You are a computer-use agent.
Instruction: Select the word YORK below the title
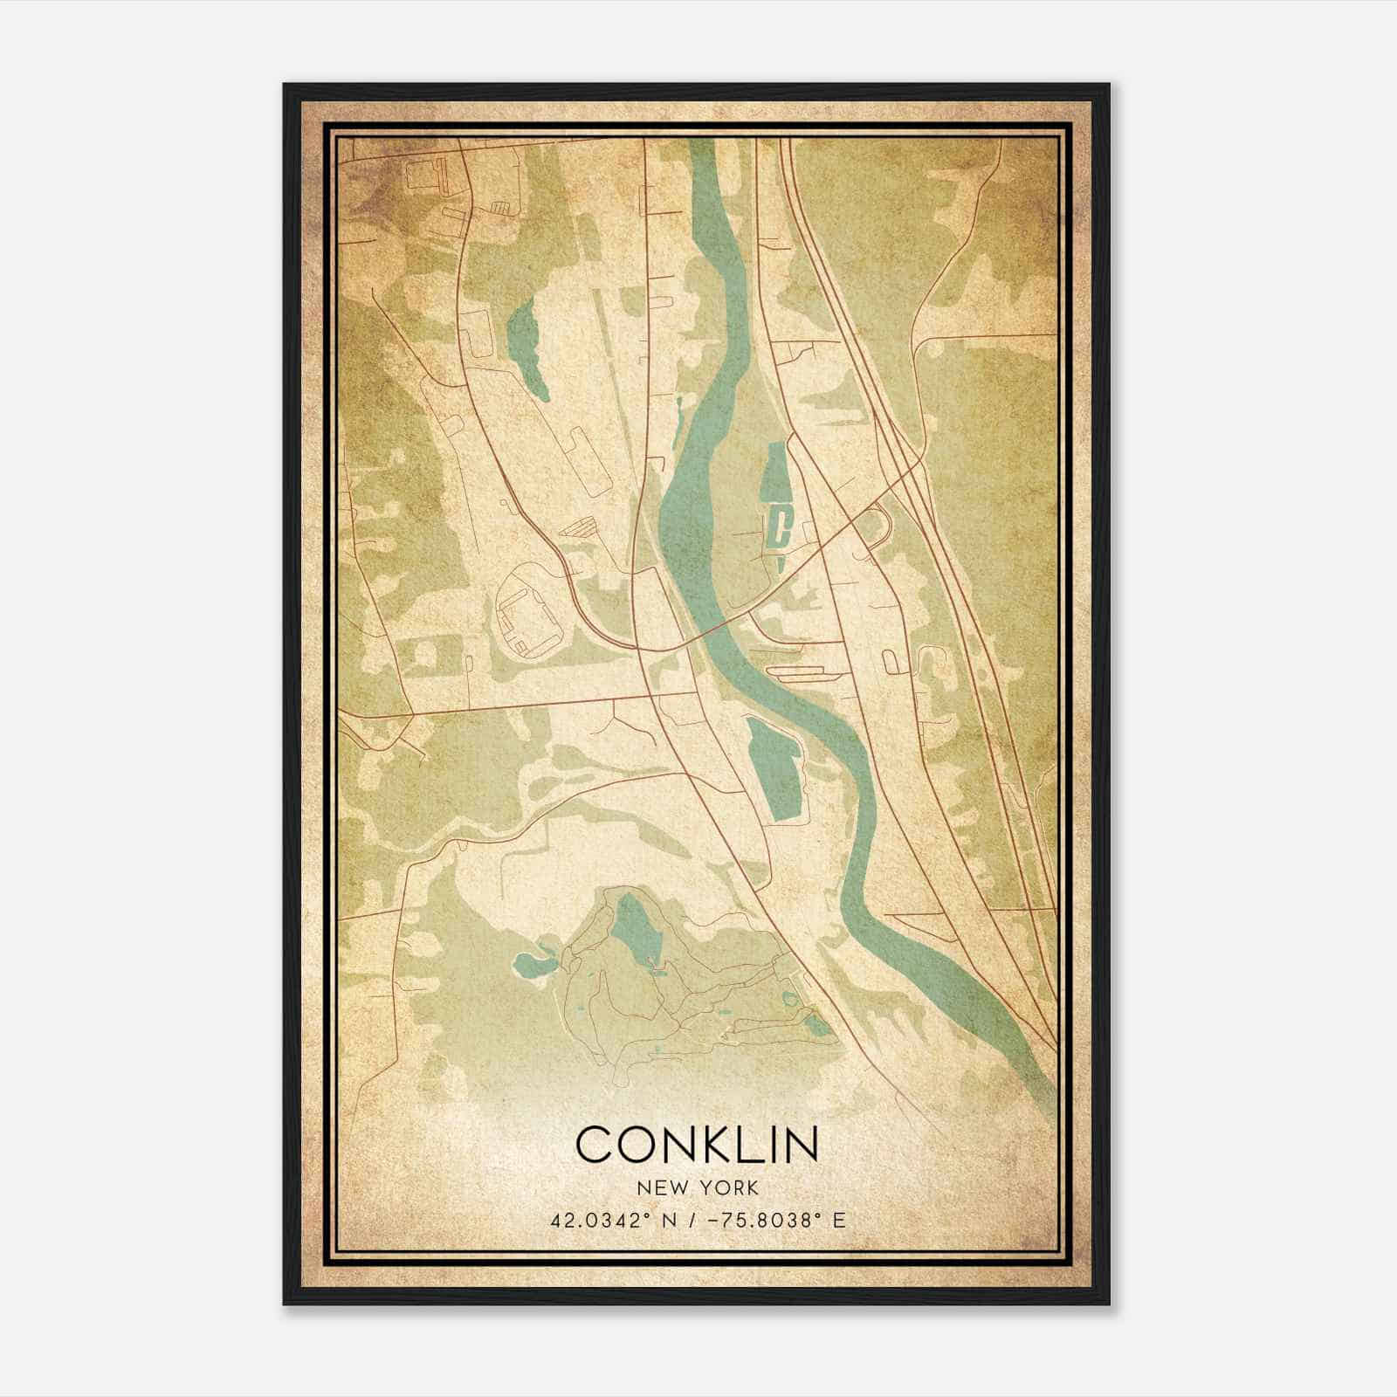pyautogui.click(x=726, y=1187)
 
